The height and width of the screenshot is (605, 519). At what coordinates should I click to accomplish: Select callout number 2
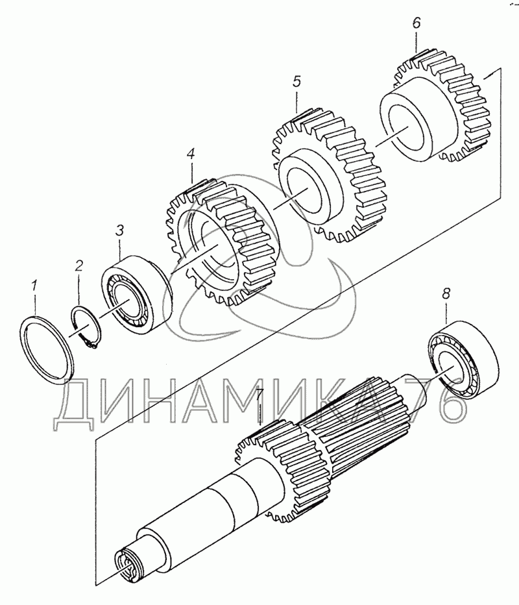point(78,265)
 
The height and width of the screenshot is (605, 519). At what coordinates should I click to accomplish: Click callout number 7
point(259,394)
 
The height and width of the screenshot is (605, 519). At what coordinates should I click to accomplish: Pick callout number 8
point(446,293)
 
